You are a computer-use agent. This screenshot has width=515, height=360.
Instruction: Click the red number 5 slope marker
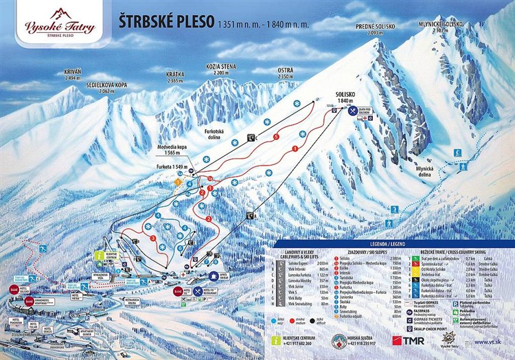click(x=276, y=137)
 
